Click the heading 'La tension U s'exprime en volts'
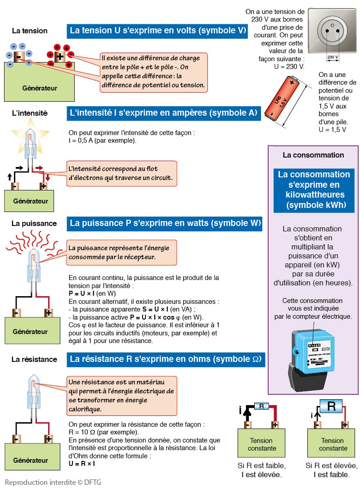(x=157, y=31)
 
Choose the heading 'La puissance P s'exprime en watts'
(x=165, y=223)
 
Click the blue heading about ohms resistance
(x=165, y=359)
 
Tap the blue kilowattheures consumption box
(x=314, y=190)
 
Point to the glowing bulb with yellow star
(x=30, y=140)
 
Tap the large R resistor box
(x=331, y=406)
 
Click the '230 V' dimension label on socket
(x=333, y=57)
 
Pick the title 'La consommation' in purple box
(x=313, y=155)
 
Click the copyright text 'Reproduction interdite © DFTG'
(x=53, y=482)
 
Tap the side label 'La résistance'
(x=34, y=359)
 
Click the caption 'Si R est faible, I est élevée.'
(x=261, y=470)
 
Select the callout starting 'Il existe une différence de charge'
(x=153, y=72)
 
